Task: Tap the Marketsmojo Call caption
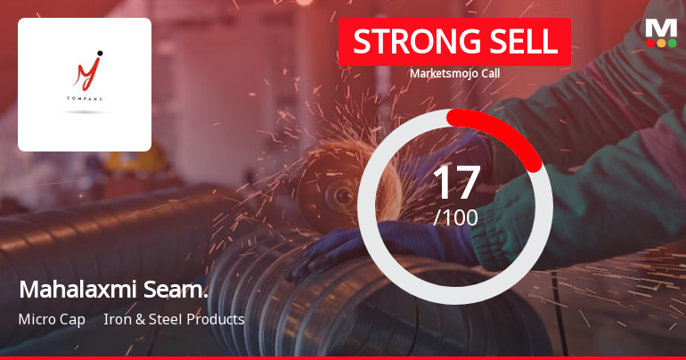[x=454, y=73]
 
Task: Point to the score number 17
[x=455, y=183]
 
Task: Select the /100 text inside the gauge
[x=455, y=217]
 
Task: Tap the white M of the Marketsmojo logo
[x=661, y=28]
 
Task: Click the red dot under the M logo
[x=650, y=42]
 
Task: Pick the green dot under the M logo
[x=672, y=42]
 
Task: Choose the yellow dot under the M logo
[x=661, y=42]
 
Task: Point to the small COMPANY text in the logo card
[x=84, y=99]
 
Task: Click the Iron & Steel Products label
[x=174, y=319]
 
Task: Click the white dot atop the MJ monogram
[x=99, y=53]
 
